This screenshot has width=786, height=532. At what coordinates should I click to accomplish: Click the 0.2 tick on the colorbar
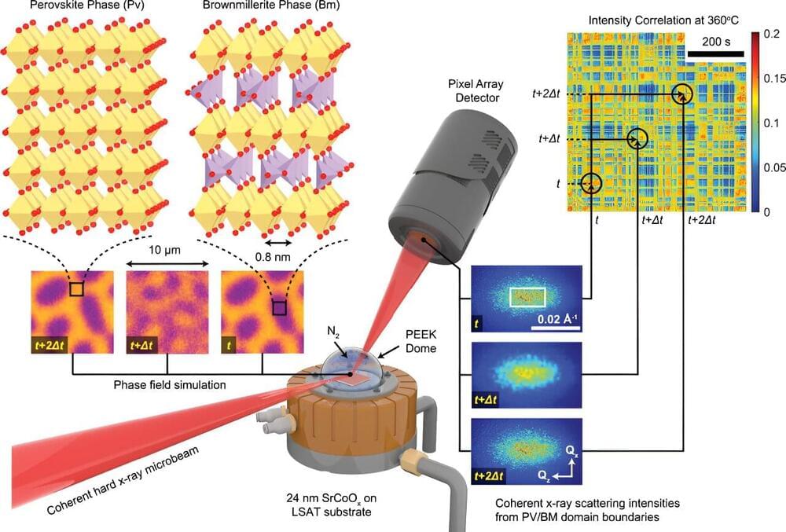tap(769, 35)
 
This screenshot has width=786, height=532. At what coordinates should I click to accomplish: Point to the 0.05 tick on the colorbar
tap(773, 167)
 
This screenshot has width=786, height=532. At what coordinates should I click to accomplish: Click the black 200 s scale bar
tap(715, 54)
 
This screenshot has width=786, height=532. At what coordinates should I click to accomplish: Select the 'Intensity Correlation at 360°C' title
tap(656, 17)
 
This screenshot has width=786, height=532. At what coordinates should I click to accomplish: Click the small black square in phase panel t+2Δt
tap(75, 289)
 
